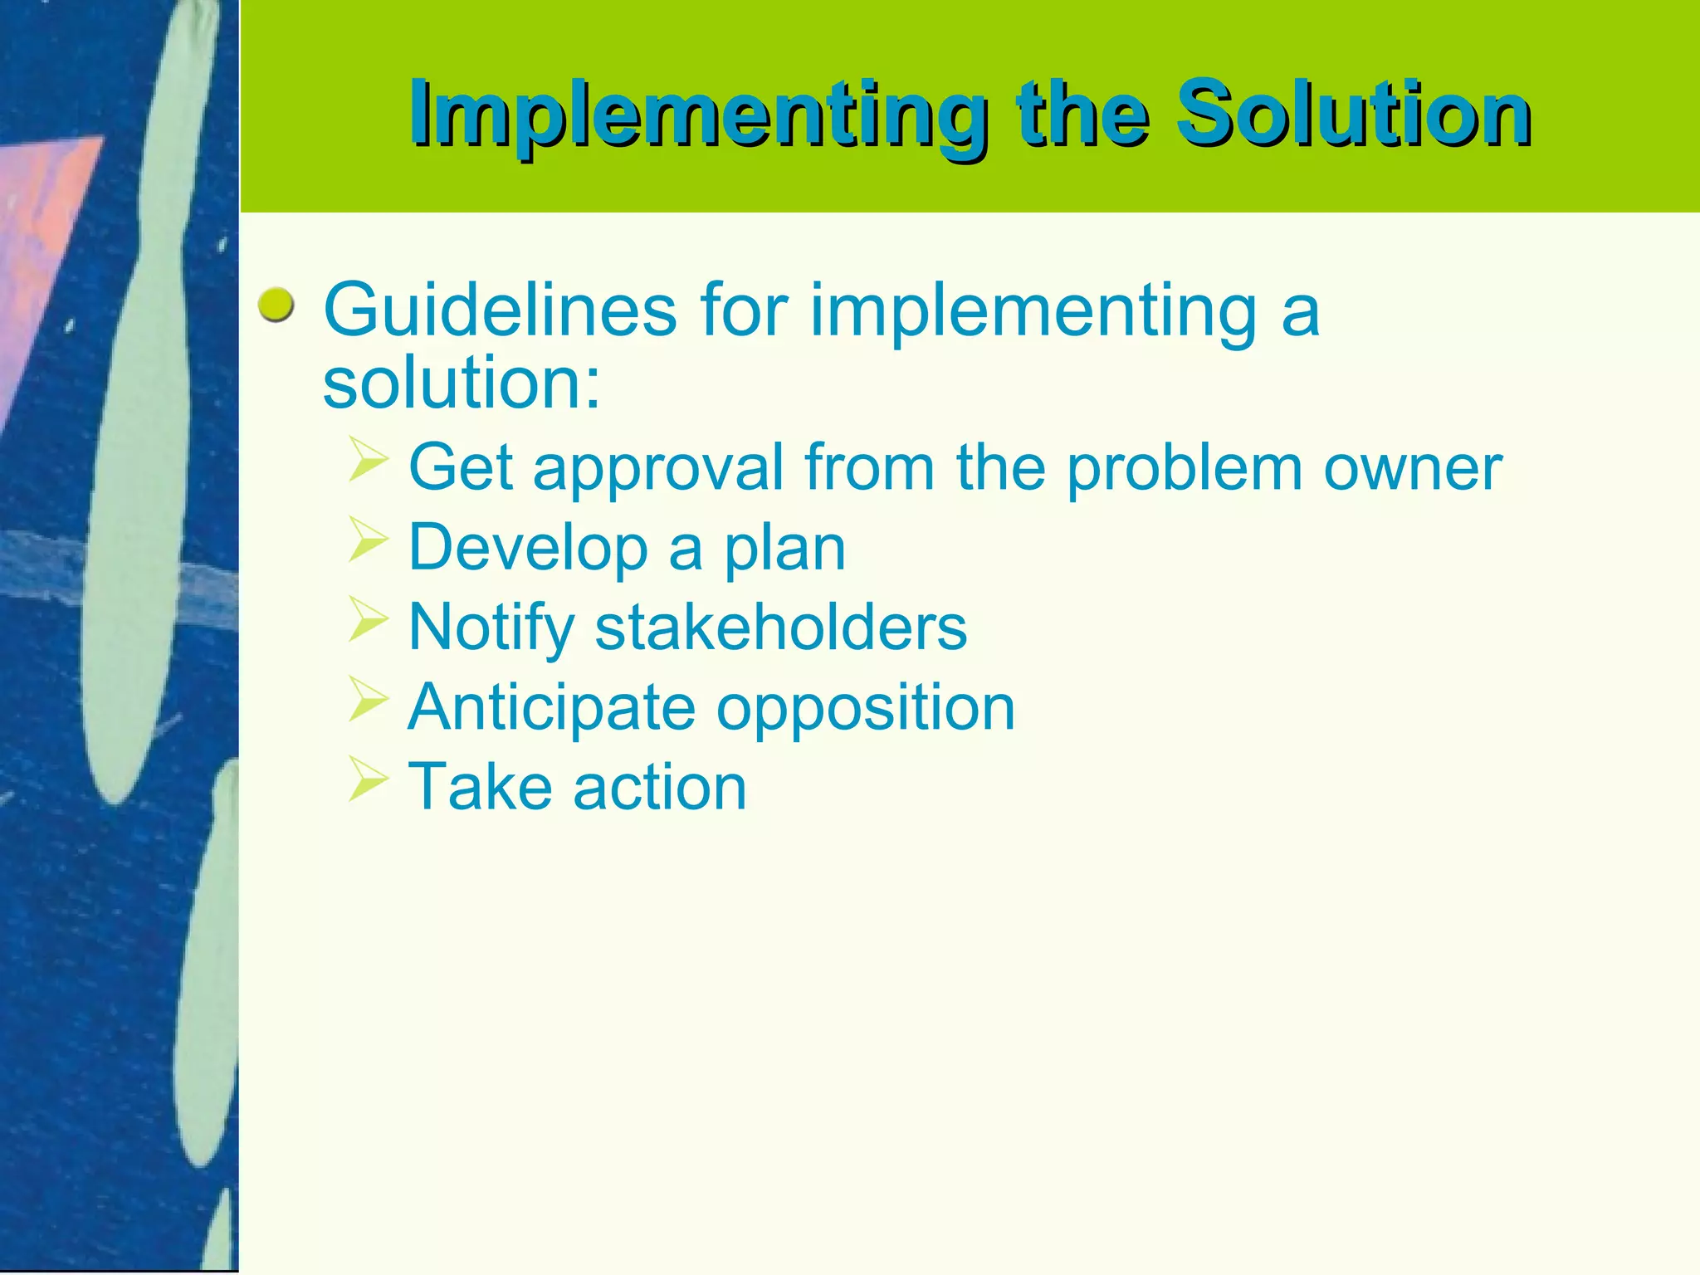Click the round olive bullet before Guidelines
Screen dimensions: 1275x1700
[x=276, y=306]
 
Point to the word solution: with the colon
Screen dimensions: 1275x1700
[x=462, y=383]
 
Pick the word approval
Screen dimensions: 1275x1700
[x=657, y=470]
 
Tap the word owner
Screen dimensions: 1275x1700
[x=1412, y=470]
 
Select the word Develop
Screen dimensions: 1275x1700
[x=528, y=549]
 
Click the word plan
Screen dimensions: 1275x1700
[x=784, y=552]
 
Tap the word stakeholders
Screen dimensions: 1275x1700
[x=780, y=628]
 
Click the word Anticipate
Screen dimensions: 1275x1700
[x=551, y=708]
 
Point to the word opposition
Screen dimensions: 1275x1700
[x=865, y=711]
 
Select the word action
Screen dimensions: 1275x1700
[x=660, y=788]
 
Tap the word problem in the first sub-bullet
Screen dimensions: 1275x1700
[x=1184, y=470]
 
